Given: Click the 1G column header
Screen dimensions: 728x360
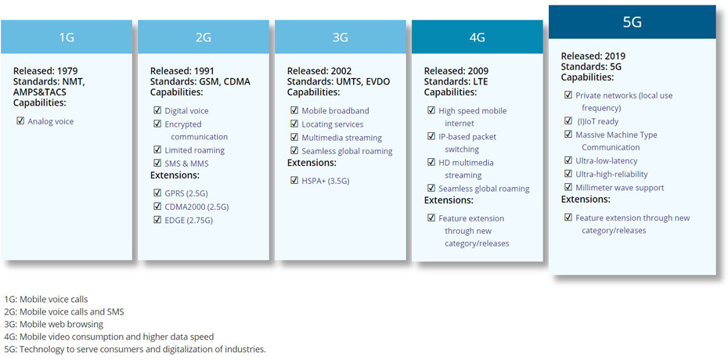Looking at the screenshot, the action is pos(67,37).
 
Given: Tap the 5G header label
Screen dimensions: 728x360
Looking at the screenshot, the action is pos(632,22).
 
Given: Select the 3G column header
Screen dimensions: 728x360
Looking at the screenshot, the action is pos(341,37).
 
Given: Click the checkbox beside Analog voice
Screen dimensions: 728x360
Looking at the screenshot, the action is pos(20,121).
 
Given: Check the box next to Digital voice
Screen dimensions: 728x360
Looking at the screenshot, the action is pos(157,110).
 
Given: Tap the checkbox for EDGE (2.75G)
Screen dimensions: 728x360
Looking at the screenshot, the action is pos(157,220).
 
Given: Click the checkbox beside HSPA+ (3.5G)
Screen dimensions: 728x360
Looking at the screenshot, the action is pos(294,181).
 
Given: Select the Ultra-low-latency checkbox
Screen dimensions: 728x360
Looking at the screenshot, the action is pos(568,160).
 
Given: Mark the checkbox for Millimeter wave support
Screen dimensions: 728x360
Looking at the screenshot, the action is pos(568,187).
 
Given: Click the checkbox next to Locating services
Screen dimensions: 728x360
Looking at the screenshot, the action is pos(294,124).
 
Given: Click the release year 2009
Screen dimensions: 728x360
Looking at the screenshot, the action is pos(478,71).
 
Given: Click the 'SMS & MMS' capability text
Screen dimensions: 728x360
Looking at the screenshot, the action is pos(186,164).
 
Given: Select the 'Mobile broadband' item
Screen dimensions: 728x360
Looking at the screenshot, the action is pos(335,111).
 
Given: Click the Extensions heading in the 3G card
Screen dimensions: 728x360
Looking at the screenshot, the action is pos(311,163).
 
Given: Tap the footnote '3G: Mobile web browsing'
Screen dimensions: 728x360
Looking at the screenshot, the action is pos(53,324).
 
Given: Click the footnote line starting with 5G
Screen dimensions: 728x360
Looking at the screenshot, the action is pos(135,349).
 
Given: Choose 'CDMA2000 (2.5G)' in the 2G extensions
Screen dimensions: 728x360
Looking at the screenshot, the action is pos(196,207).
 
